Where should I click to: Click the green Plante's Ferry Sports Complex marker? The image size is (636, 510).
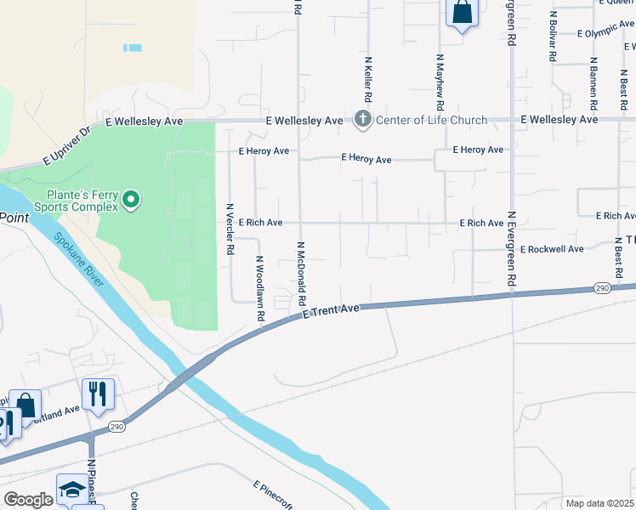pyautogui.click(x=131, y=200)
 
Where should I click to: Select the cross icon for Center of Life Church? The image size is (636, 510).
pyautogui.click(x=363, y=120)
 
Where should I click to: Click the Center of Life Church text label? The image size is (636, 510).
pyautogui.click(x=432, y=121)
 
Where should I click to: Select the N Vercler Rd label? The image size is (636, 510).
pyautogui.click(x=230, y=229)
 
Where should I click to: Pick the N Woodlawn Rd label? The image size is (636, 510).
pyautogui.click(x=260, y=289)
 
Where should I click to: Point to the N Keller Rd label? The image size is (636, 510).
pyautogui.click(x=369, y=81)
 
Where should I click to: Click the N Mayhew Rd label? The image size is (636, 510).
pyautogui.click(x=440, y=83)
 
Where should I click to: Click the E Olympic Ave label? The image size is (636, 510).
pyautogui.click(x=605, y=32)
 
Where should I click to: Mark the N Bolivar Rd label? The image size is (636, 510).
pyautogui.click(x=553, y=35)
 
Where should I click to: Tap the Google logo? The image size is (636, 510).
pyautogui.click(x=29, y=500)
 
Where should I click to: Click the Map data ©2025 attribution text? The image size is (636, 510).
pyautogui.click(x=600, y=503)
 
